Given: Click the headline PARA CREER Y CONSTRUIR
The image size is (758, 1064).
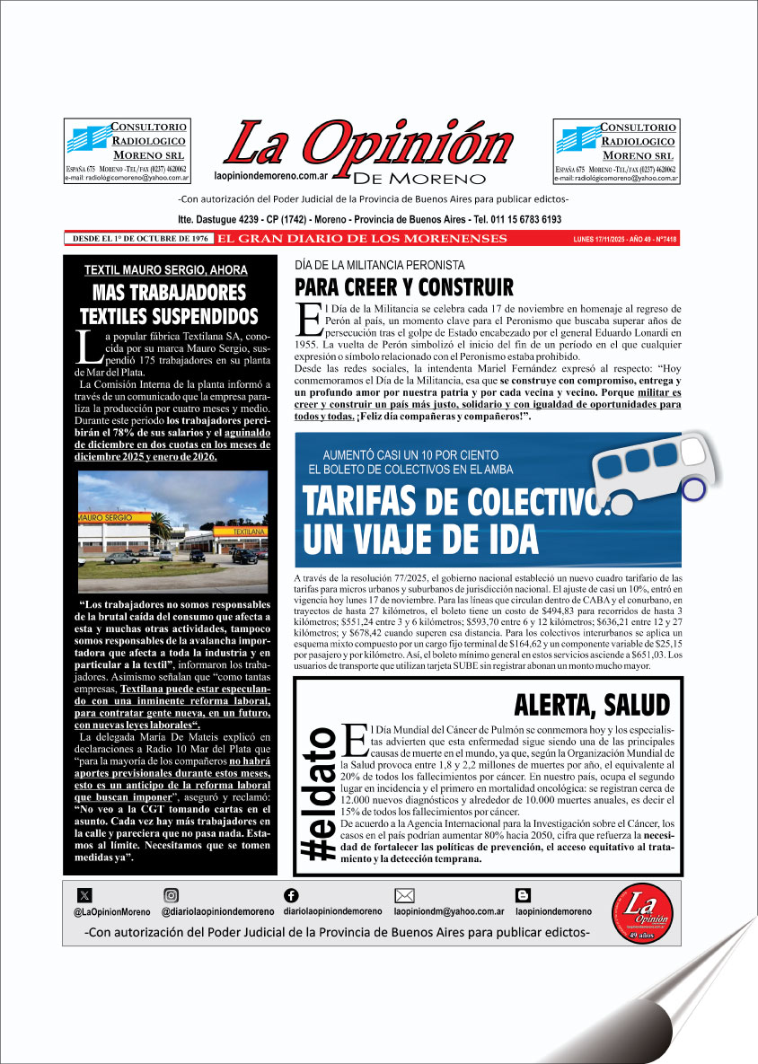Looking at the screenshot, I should pos(404,287).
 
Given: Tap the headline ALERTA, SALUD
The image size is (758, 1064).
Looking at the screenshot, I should pos(591,703).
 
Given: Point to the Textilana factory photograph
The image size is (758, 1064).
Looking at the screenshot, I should pos(172,531).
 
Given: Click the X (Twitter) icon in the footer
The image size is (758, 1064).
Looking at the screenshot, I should pos(84,894).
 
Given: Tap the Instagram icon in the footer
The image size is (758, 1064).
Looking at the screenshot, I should pos(171,894).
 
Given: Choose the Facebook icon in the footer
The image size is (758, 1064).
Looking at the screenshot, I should pos(291,894).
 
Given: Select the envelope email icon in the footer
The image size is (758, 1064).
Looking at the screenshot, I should pos(404,894).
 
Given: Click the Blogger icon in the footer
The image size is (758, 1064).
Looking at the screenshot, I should pos(523,894).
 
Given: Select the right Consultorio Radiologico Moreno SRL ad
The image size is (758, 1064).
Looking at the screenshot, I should pos(616,152).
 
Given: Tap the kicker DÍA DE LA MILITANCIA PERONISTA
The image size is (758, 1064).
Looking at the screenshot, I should pos(380,266).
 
